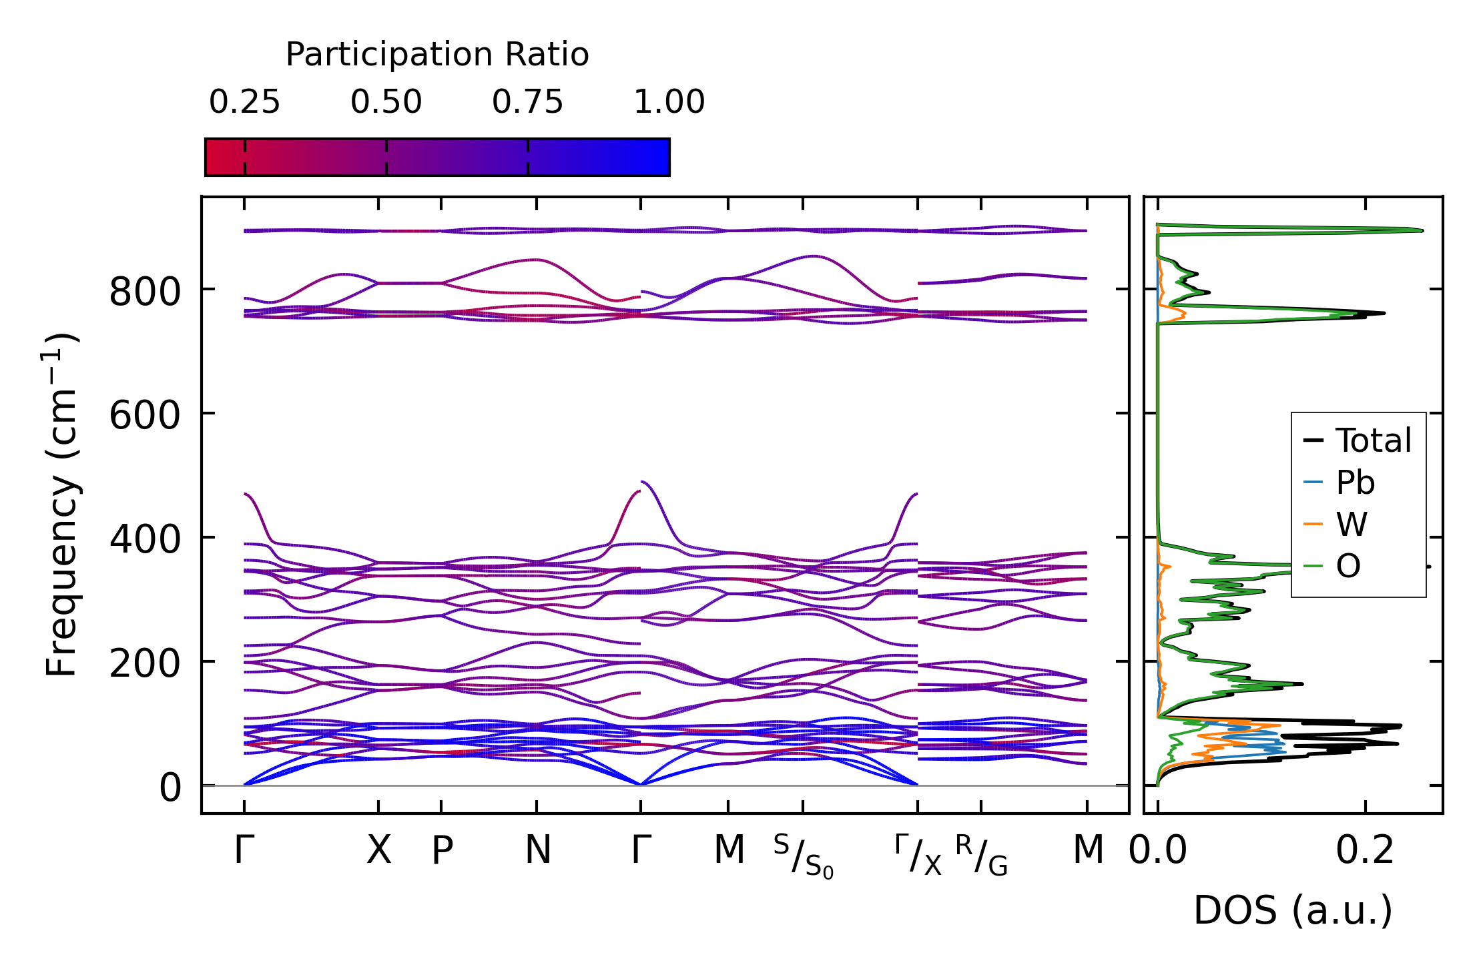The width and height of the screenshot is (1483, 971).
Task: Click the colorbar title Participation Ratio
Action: (437, 55)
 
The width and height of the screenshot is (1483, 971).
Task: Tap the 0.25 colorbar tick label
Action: (244, 103)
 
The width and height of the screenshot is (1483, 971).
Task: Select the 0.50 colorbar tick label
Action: (386, 103)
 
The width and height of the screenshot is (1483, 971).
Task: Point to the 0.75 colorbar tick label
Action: (527, 103)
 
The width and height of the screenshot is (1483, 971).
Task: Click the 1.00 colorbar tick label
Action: (669, 103)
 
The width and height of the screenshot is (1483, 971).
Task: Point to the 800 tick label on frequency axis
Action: (145, 292)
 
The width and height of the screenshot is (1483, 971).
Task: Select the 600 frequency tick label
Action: (145, 416)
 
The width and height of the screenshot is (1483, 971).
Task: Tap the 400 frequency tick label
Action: (145, 541)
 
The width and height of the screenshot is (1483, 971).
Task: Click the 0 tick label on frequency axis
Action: (170, 788)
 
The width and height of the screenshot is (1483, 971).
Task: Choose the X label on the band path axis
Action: (378, 851)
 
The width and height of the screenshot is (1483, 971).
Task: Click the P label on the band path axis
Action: (442, 851)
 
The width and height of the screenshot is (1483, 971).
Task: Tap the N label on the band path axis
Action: (537, 851)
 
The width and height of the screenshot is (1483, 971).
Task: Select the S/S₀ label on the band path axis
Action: (804, 856)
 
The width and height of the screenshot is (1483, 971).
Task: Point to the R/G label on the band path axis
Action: (981, 855)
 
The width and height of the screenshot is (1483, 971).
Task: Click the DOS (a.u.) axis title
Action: (1293, 911)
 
